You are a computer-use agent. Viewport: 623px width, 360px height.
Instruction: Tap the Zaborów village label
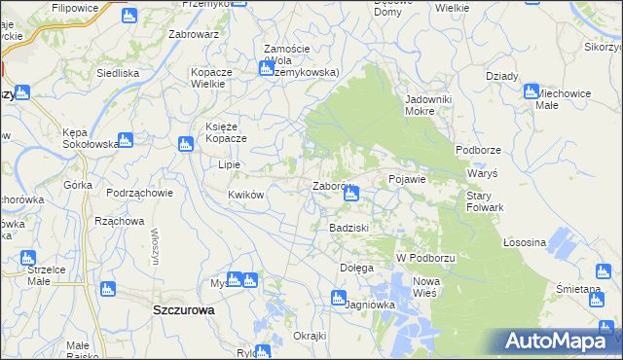coord(331,186)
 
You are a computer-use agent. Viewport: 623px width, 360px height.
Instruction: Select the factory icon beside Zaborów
coord(351,195)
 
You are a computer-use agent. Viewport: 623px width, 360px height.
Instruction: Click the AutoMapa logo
coord(560,341)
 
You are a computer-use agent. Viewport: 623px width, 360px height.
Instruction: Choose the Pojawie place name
coord(408,180)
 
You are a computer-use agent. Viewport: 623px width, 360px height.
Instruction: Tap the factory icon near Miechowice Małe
coord(531,92)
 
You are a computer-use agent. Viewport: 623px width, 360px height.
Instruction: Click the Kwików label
coord(246,195)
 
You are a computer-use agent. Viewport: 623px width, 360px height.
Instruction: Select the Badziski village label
coord(347,228)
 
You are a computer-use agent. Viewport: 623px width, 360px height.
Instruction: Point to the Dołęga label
coord(356,268)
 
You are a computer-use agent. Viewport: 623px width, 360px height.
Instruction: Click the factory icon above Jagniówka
coord(338,298)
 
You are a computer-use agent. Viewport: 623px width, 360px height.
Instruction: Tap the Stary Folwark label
coord(484,201)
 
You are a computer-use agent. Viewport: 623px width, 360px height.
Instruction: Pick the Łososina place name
coord(525,241)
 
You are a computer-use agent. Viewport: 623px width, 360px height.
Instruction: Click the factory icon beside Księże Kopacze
coord(185,145)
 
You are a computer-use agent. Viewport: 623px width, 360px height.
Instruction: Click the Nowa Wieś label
coord(425,287)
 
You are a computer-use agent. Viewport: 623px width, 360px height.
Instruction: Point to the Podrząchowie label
coord(140,193)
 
